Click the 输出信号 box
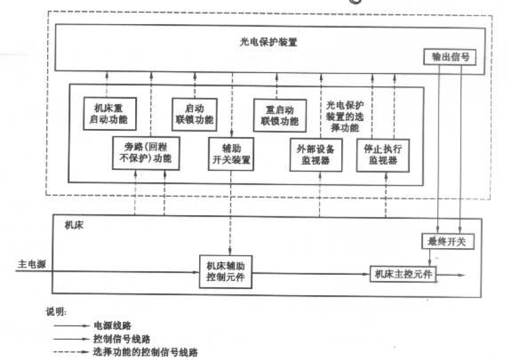point(450,57)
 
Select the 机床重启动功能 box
point(110,114)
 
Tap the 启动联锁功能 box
point(194,115)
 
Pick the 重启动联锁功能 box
point(280,116)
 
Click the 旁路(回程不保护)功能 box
point(146,153)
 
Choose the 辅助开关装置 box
point(231,154)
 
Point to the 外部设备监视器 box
point(316,155)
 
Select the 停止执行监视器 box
point(383,155)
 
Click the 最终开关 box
point(448,241)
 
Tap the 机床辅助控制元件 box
point(226,272)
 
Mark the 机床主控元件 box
point(403,274)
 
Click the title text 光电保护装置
point(268,42)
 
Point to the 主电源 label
point(32,264)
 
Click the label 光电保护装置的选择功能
point(345,117)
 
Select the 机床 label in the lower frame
point(74,225)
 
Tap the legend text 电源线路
point(112,326)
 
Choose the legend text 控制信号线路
point(122,339)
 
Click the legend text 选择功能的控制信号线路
point(145,352)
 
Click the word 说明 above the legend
point(55,312)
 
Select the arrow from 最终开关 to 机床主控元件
point(430,258)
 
